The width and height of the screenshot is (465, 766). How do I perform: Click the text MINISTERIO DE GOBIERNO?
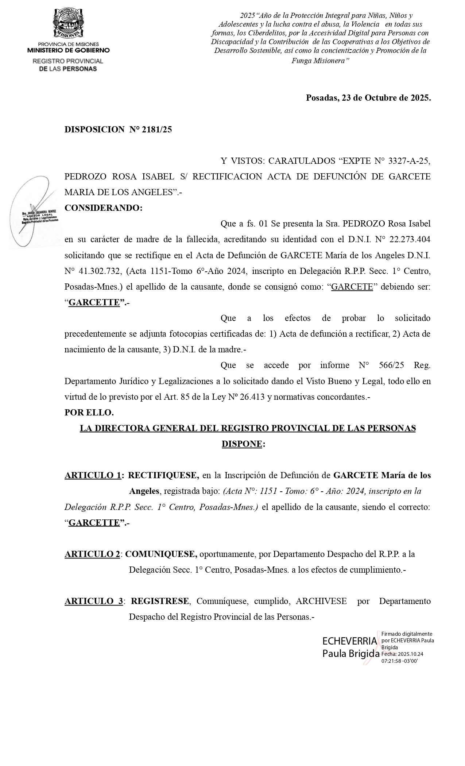pos(68,50)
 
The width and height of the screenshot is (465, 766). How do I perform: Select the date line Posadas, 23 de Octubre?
pos(368,98)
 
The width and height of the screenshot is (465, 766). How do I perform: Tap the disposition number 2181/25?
pos(158,129)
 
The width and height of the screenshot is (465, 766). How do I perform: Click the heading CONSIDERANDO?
pos(103,208)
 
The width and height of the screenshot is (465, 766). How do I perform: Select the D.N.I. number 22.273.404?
pos(410,240)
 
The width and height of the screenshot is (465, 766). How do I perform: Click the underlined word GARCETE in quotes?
pos(352,287)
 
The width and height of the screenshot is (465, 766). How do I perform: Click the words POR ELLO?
pos(89,413)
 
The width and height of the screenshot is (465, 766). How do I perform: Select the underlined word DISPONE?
pos(242,444)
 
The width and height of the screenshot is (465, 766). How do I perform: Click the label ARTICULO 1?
pos(93,475)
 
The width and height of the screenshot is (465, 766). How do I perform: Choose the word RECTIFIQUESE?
pos(163,475)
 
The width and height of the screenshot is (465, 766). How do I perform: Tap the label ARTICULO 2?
pos(92,554)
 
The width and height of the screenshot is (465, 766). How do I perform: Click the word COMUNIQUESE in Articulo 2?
pos(161,554)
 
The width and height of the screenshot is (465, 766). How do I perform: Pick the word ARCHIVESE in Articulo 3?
pos(321,601)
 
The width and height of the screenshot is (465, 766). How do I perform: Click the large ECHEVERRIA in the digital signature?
pos(349,641)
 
